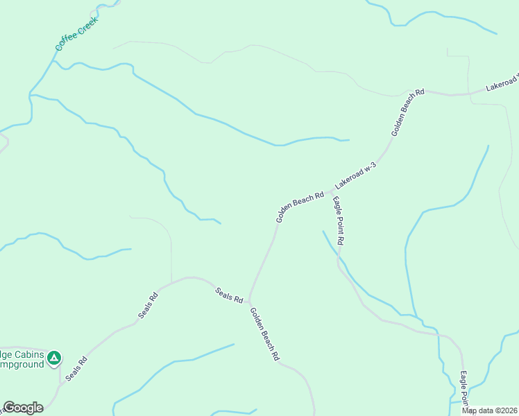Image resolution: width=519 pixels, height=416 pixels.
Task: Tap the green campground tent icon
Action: click(54, 358)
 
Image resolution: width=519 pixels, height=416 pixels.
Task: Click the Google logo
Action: click(23, 408)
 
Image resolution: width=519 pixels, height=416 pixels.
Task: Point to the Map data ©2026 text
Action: click(490, 410)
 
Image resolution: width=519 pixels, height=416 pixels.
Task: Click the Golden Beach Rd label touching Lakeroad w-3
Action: click(300, 207)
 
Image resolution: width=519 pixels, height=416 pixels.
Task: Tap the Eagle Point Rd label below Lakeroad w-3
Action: click(338, 221)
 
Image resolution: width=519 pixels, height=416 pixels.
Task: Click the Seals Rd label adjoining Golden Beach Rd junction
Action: click(229, 295)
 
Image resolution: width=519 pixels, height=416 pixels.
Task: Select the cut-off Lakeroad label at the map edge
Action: click(502, 83)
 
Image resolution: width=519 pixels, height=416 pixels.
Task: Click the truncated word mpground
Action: click(21, 364)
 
